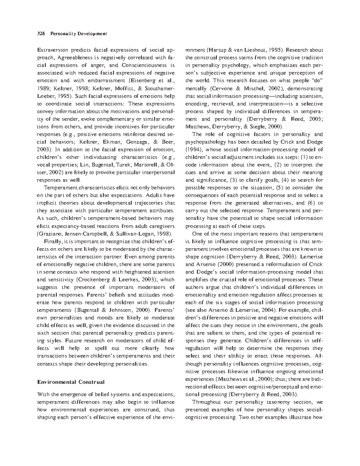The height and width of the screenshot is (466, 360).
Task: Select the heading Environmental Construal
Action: coord(70,382)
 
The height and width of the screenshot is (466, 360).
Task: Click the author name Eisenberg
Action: coord(138,80)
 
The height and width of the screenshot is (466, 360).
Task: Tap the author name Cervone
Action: coord(219,88)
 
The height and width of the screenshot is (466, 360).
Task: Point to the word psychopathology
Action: coord(205,142)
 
